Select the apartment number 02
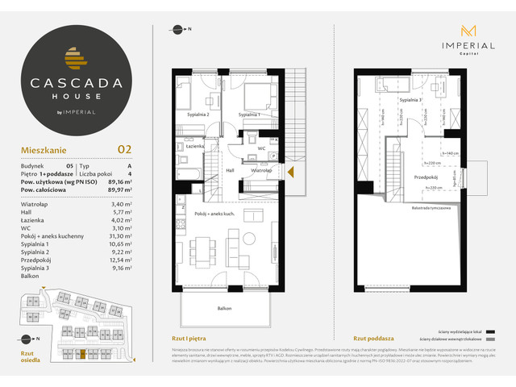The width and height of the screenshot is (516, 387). (125, 148)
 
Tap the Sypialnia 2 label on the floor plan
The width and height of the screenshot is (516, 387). (197, 115)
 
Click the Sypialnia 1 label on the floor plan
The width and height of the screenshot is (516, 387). (252, 115)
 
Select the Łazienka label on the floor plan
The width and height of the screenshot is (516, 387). (192, 147)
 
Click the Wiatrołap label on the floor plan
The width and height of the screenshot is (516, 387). (260, 171)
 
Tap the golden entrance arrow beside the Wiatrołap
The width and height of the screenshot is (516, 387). (290, 171)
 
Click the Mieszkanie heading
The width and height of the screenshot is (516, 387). (45, 149)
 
